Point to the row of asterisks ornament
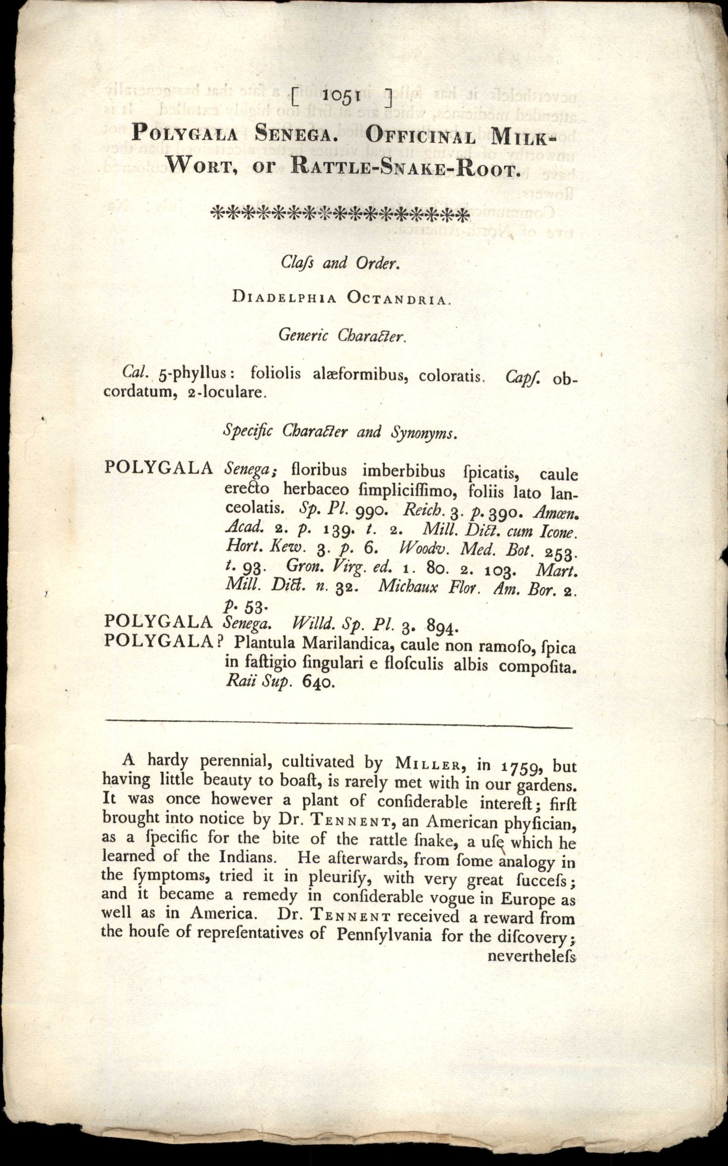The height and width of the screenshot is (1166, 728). pyautogui.click(x=340, y=213)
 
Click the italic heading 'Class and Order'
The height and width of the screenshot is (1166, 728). pyautogui.click(x=341, y=263)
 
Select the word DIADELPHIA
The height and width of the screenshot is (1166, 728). pyautogui.click(x=284, y=298)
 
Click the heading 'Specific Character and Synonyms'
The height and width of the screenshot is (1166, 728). pyautogui.click(x=341, y=432)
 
